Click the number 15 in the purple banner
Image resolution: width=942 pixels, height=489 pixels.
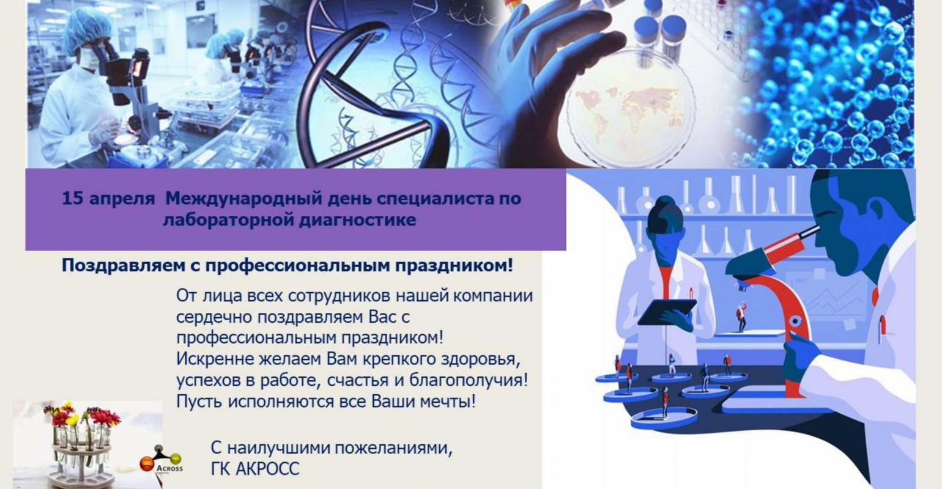72,198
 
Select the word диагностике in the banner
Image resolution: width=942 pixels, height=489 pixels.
357,219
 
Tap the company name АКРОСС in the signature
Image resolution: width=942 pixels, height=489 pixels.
267,469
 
